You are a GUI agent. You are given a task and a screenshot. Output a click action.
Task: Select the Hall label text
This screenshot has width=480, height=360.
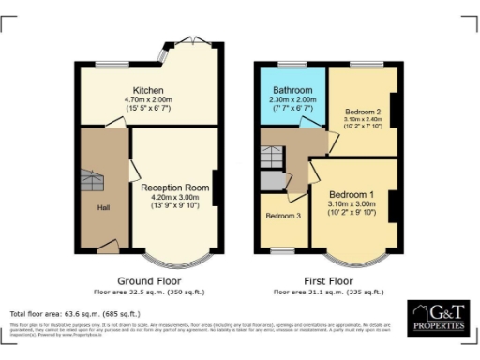click(104, 206)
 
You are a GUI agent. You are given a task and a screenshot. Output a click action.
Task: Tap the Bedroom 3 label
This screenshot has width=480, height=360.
click(284, 216)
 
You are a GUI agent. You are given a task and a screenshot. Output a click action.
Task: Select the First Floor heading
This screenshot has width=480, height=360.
click(328, 280)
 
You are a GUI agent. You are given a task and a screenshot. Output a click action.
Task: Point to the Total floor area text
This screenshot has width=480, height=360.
click(75, 313)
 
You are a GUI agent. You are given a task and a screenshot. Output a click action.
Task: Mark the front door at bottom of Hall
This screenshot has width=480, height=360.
click(108, 247)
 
